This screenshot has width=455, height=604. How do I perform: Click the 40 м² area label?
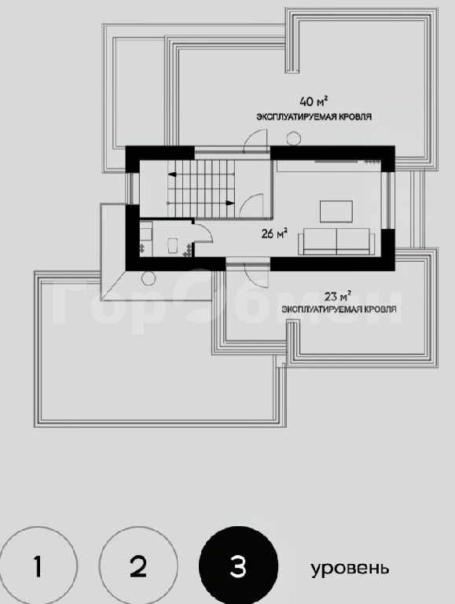pyautogui.click(x=314, y=101)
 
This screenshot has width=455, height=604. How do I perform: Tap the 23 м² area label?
pyautogui.click(x=338, y=296)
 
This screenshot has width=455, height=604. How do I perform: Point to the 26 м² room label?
pyautogui.click(x=274, y=234)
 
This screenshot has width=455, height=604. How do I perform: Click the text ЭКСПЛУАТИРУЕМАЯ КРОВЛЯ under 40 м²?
pyautogui.click(x=314, y=116)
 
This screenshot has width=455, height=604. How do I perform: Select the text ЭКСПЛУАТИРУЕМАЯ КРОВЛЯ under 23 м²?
pyautogui.click(x=339, y=309)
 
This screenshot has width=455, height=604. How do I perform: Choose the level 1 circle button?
pyautogui.click(x=38, y=566)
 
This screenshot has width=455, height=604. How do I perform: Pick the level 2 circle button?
pyautogui.click(x=138, y=566)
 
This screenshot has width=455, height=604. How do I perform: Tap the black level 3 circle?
pyautogui.click(x=238, y=566)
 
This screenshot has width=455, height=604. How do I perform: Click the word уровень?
pyautogui.click(x=350, y=568)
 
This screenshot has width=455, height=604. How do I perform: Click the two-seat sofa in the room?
pyautogui.click(x=336, y=241)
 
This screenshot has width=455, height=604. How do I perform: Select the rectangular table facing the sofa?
pyautogui.click(x=336, y=212)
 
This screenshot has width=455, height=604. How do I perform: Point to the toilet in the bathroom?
pyautogui.click(x=172, y=245)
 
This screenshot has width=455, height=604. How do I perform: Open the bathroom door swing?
pyautogui.click(x=203, y=232)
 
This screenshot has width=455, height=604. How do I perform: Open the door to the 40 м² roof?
pyautogui.click(x=255, y=142)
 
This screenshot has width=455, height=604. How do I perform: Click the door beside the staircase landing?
pyautogui.click(x=251, y=204)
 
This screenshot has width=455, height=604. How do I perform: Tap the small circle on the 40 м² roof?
pyautogui.click(x=294, y=138)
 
